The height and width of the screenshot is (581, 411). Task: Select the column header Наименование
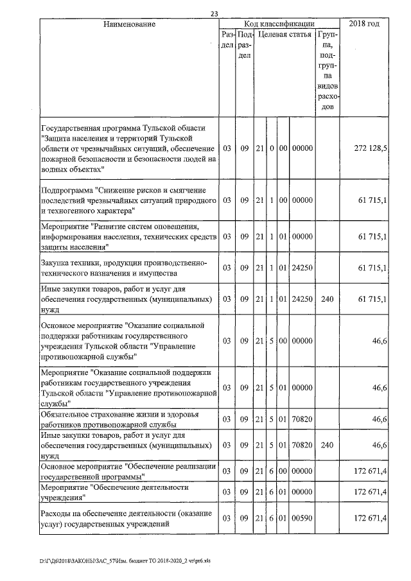129,24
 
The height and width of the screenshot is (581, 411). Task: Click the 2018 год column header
364,24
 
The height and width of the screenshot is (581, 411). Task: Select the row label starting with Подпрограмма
127,200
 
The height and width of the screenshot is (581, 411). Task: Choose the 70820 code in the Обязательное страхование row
302,419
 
